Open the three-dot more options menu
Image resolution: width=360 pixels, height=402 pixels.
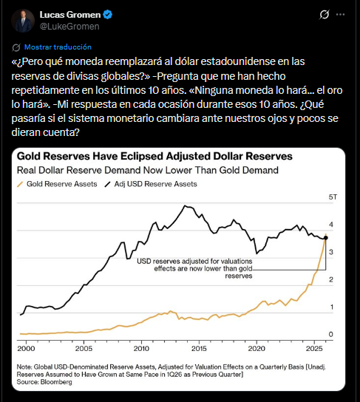[x=339, y=15]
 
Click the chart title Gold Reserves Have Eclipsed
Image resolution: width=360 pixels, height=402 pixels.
[x=155, y=157]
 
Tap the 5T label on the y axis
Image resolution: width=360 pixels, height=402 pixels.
[x=333, y=198]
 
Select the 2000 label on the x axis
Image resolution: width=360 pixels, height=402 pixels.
[x=27, y=347]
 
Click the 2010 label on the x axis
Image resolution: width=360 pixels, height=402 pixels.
[x=141, y=347]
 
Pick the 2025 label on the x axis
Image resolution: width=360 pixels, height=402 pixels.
[x=313, y=347]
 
